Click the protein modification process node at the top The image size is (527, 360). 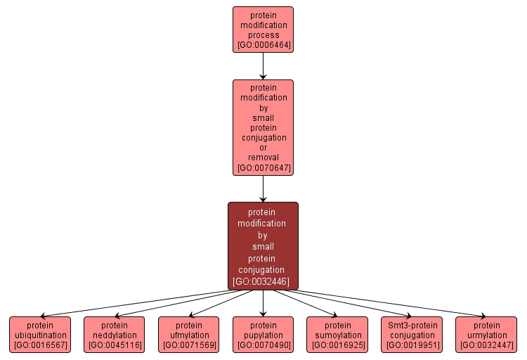coord(263,29)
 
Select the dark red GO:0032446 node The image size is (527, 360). coord(263,245)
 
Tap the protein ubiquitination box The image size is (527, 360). coord(40,334)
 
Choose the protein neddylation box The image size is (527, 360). coord(115,334)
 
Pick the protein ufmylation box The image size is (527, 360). coord(189,334)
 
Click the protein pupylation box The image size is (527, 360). coord(263,334)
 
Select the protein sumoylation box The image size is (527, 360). coord(337,334)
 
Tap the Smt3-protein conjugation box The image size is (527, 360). coord(412,334)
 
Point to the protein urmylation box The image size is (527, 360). coord(486,334)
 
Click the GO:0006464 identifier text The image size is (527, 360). coord(263,45)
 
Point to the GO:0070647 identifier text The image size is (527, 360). coord(263,168)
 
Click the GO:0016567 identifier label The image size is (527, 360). coord(40,345)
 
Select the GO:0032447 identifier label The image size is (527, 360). coord(486,345)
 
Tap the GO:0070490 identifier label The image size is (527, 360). coord(263,345)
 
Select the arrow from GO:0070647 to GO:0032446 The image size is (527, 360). coord(263,188)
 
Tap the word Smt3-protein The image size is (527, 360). coord(412,326)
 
